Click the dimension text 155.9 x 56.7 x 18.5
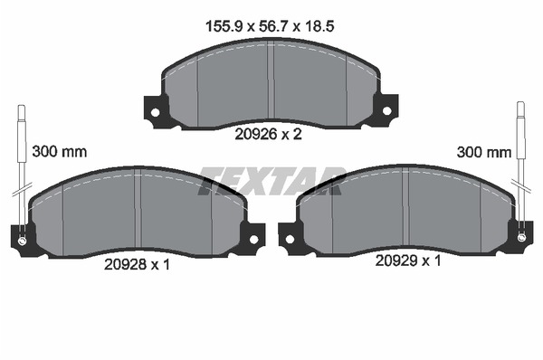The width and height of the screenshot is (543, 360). (x=270, y=26)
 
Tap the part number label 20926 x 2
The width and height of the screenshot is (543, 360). (x=269, y=134)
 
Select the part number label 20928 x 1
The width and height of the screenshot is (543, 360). (x=138, y=265)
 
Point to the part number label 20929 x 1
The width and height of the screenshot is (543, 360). (x=408, y=261)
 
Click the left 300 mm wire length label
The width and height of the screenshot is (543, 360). (x=60, y=152)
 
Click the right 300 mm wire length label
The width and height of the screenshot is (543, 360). (x=484, y=152)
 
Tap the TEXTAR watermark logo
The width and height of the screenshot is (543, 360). (x=272, y=181)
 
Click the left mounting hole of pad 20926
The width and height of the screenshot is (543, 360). (x=155, y=112)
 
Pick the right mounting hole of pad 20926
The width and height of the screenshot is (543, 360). (x=386, y=111)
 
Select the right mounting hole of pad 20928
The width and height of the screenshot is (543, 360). (x=253, y=239)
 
